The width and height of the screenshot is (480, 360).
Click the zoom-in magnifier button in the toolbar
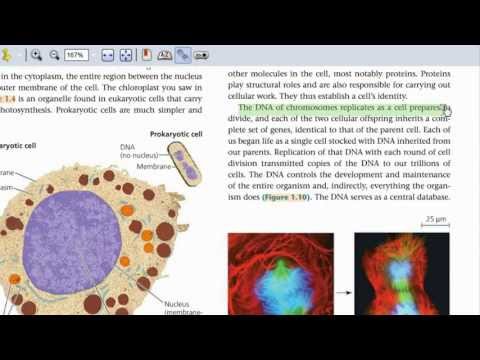pos(37,56)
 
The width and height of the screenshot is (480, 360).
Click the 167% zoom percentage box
pos(74,56)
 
